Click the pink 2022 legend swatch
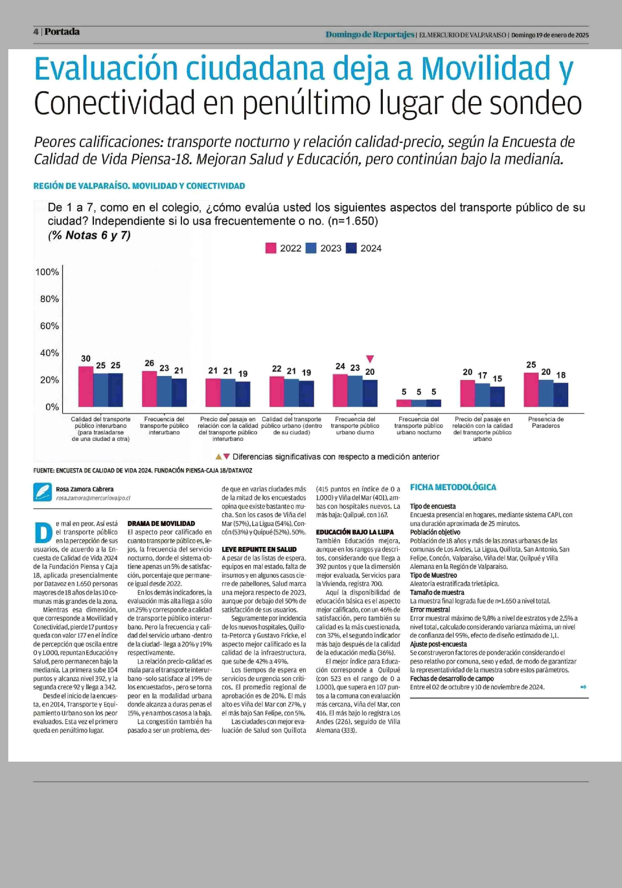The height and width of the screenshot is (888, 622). click(271, 248)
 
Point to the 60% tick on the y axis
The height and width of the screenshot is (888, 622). click(50, 326)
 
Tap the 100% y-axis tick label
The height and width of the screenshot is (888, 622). click(47, 272)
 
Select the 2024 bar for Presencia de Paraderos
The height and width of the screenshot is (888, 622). click(561, 395)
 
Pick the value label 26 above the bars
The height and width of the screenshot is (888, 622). click(149, 363)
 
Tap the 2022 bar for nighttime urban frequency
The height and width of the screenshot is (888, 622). click(404, 403)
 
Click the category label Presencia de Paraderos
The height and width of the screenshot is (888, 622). click(546, 422)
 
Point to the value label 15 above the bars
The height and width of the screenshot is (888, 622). click(497, 379)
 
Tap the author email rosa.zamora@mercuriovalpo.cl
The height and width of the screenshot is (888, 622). click(93, 498)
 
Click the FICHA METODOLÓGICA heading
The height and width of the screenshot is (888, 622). click(453, 487)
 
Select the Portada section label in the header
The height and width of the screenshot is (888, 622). click(62, 32)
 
